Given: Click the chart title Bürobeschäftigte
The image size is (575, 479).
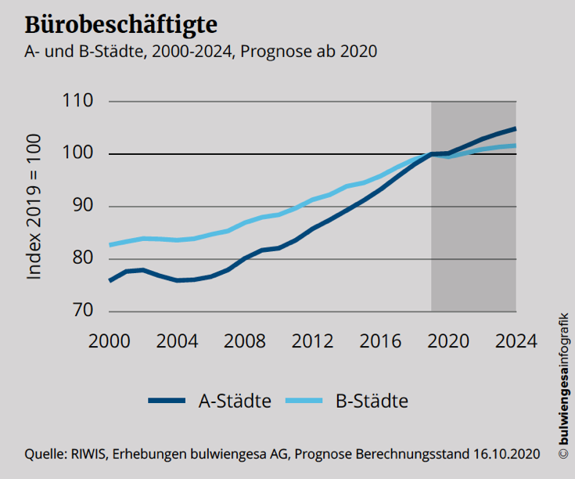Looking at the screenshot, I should point(121,23).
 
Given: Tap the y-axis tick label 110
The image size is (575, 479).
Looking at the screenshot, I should point(79,102).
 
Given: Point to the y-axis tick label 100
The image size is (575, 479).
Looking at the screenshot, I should point(79,154).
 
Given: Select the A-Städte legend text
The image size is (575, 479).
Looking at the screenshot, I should point(235,402).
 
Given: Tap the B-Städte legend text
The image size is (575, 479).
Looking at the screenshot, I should point(372,402).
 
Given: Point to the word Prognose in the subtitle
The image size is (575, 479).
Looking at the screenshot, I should point(270,52).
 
